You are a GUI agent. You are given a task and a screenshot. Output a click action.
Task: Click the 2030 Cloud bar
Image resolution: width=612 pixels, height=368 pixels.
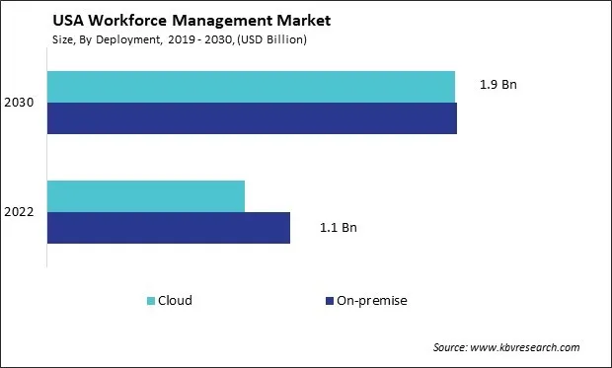click(251, 86)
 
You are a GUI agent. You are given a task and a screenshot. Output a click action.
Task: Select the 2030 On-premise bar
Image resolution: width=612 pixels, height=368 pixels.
click(252, 117)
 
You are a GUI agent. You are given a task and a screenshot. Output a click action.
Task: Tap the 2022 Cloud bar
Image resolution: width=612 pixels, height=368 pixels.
click(146, 196)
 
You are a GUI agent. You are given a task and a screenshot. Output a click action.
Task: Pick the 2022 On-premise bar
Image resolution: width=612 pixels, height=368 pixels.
click(169, 227)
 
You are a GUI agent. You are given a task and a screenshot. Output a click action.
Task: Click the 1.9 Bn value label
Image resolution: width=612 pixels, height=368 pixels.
click(498, 85)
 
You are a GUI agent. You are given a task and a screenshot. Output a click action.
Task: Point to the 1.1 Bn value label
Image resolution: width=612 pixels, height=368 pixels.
click(338, 228)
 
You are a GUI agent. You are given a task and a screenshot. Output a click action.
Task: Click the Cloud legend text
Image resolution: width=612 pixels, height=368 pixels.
click(175, 301)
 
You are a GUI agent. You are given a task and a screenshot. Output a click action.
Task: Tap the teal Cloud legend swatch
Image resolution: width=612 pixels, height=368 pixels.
click(151, 301)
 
